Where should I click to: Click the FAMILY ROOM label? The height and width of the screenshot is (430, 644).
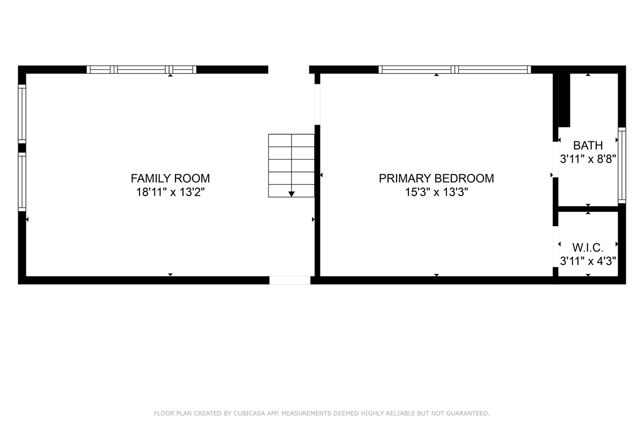[170, 178]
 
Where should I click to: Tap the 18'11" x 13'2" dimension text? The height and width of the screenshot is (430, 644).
[170, 192]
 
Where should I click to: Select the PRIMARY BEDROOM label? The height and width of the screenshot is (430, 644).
[436, 178]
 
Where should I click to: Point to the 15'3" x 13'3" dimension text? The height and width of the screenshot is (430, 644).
[436, 192]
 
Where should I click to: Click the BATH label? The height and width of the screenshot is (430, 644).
[588, 145]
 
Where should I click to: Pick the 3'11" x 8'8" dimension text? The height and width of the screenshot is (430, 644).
[588, 159]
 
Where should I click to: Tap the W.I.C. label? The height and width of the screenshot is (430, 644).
[588, 247]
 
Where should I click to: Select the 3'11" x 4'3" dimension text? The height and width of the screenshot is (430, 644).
[588, 261]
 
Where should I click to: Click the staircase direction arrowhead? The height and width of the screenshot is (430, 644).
[291, 193]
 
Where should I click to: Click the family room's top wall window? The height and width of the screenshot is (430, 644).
[142, 69]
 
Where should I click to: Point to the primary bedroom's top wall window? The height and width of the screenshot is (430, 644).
[455, 69]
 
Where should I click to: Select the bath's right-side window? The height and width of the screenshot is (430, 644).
[621, 165]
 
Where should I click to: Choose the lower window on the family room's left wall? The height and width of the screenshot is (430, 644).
[22, 182]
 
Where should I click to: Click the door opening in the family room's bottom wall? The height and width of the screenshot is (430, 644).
[290, 280]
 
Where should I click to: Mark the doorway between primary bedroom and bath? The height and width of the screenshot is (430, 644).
[556, 159]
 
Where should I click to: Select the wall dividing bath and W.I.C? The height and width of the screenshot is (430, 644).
[588, 209]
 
